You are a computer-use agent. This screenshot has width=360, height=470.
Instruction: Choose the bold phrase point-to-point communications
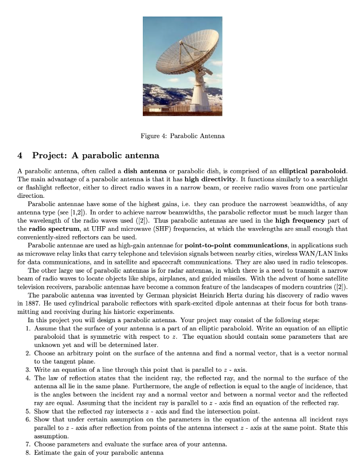tap(230, 245)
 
